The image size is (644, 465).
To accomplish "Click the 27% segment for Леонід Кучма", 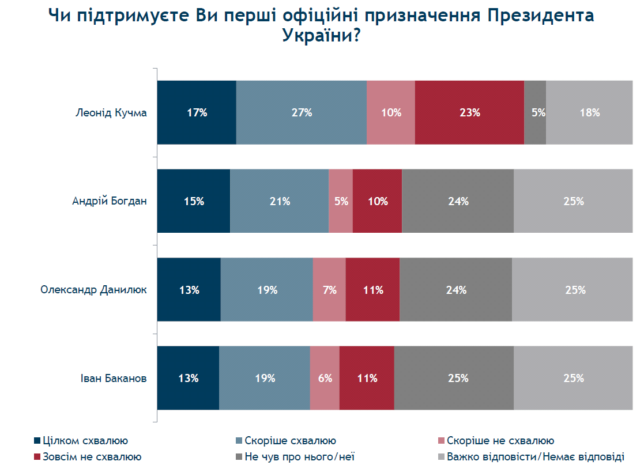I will tap(301, 113).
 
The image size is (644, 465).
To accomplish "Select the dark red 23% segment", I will tap(469, 113).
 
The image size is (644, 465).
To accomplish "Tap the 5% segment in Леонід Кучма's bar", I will tap(535, 113).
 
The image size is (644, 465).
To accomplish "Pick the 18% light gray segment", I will tap(589, 113).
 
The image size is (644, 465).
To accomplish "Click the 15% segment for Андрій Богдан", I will tap(194, 202).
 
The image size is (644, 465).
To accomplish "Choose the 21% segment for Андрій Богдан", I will tap(279, 202).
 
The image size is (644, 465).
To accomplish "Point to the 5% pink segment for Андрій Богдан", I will tap(341, 202).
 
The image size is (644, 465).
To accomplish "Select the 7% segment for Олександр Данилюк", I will tap(329, 290).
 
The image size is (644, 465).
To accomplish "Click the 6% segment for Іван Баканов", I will tap(325, 379).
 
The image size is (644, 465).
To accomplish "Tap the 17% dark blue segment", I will tap(197, 113).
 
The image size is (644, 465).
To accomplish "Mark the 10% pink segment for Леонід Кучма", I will tap(391, 113).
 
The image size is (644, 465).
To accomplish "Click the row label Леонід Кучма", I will tap(111, 113).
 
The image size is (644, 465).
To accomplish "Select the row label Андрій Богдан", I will tap(110, 202).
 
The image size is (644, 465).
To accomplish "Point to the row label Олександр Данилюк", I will tap(93, 290).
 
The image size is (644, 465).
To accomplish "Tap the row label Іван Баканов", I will tap(114, 379).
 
